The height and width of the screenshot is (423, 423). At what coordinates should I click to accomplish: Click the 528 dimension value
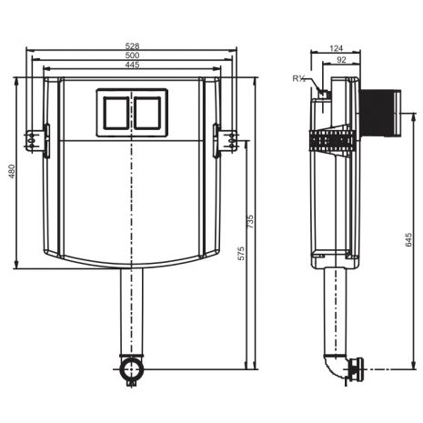click(x=132, y=46)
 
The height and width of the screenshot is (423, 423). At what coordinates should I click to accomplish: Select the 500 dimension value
click(x=132, y=55)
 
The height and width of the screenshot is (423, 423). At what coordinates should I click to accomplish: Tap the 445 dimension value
click(x=132, y=65)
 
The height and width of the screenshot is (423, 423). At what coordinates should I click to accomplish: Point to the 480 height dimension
click(x=12, y=171)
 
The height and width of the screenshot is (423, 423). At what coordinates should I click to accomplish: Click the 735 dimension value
click(x=250, y=222)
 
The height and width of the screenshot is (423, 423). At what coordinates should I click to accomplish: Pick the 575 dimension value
click(x=241, y=254)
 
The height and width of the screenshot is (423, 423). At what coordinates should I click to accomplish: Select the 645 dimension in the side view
click(x=408, y=239)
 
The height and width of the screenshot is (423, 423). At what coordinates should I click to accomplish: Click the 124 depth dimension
click(x=336, y=48)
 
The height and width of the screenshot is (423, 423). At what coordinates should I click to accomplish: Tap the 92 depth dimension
click(x=341, y=60)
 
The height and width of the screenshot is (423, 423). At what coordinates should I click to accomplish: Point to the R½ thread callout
click(x=299, y=78)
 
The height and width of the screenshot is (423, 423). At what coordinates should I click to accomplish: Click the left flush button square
click(x=116, y=113)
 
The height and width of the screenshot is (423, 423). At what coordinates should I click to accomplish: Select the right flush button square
click(x=147, y=113)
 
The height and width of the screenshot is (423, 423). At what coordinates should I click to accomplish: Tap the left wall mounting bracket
click(x=37, y=141)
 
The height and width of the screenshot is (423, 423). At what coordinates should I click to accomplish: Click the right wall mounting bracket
click(x=225, y=141)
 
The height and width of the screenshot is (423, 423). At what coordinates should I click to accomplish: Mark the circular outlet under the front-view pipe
click(x=131, y=369)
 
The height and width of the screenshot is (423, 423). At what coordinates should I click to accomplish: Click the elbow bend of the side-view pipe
click(x=336, y=367)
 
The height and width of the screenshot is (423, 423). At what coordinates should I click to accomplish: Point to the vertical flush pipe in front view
click(x=131, y=312)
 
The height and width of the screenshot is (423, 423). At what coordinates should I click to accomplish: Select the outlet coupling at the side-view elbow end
click(x=356, y=369)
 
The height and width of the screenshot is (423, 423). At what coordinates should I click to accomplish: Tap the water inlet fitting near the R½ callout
click(x=325, y=94)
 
